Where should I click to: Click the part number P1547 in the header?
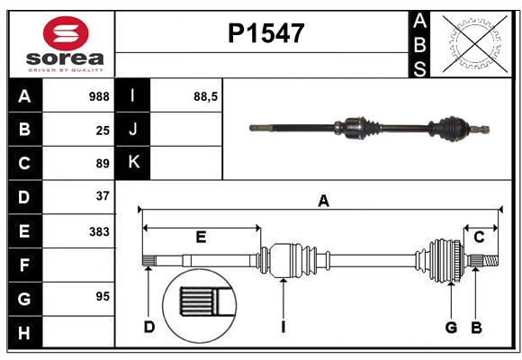coord(265,33)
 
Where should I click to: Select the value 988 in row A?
coord(98,96)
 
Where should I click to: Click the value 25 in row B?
coord(102,130)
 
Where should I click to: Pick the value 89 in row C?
coord(102,163)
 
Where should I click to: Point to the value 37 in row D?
coord(102,195)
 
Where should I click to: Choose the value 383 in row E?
coord(98,230)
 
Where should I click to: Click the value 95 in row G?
coord(102,295)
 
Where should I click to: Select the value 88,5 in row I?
coord(206,96)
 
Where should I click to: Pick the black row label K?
coord(133,163)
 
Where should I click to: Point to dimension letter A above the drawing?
coord(323,201)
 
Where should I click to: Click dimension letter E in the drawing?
coord(201,238)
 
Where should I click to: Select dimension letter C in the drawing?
coord(480,238)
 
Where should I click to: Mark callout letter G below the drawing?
coord(451,327)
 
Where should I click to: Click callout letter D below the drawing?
coord(149,327)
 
